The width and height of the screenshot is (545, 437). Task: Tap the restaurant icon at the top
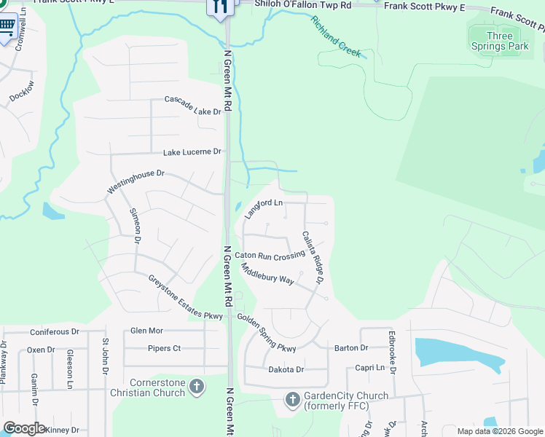click(219, 7)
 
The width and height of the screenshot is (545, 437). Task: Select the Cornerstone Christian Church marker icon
click(196, 387)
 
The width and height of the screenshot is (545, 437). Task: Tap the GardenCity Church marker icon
click(292, 399)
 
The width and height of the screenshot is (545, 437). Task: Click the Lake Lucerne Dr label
click(192, 151)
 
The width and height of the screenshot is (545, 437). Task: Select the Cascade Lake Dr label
click(192, 105)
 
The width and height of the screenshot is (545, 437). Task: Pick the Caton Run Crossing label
click(269, 256)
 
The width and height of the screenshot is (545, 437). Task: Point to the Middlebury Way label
click(267, 275)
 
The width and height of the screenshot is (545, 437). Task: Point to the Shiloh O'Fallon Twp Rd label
click(302, 5)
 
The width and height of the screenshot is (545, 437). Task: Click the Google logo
click(24, 428)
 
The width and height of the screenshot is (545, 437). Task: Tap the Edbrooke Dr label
click(392, 352)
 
